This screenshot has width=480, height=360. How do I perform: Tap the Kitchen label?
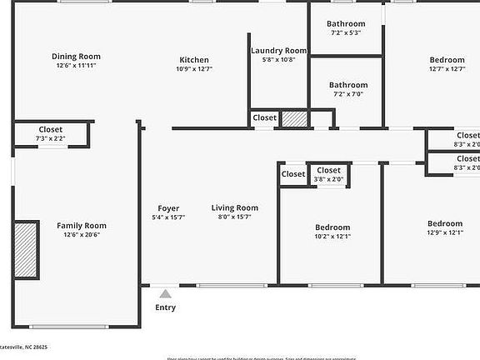[x=194, y=60]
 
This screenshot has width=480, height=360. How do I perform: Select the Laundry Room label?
[x=279, y=51]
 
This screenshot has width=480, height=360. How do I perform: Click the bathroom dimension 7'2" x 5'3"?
[x=346, y=33]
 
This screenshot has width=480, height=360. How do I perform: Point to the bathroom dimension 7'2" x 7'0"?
[x=348, y=94]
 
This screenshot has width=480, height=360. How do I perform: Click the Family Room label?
[x=82, y=225]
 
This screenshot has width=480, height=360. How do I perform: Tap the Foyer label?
[x=168, y=208]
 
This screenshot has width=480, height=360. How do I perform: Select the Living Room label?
[x=234, y=208]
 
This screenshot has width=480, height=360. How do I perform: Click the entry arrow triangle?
[x=166, y=292]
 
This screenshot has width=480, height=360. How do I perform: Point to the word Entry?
[x=166, y=307]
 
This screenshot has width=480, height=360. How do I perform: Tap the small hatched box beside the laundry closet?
[x=294, y=118]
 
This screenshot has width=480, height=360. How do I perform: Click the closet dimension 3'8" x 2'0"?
[x=328, y=179]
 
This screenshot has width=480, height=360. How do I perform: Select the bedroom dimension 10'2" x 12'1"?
[x=332, y=237]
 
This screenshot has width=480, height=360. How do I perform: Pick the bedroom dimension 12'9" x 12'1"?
[x=445, y=232]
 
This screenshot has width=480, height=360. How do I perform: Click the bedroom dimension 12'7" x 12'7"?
[x=447, y=69]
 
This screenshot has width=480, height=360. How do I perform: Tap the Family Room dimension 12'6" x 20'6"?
[x=82, y=234]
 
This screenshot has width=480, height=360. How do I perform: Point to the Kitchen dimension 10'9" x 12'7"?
[x=194, y=69]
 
